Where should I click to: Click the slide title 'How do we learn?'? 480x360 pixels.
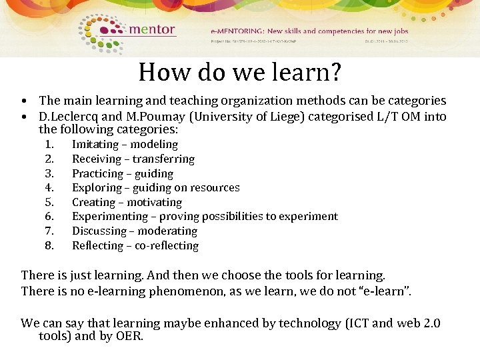coord(239,72)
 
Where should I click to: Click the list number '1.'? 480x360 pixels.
coord(49,145)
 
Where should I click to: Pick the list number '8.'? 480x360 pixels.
coord(49,246)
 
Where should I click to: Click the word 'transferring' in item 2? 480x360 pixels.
coord(163,159)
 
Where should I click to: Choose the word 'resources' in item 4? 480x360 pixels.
coord(214,188)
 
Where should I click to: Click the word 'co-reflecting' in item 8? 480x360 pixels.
coord(167,246)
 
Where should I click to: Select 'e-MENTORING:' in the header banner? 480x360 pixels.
coord(237,31)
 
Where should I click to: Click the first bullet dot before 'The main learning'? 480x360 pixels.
coord(24,101)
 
